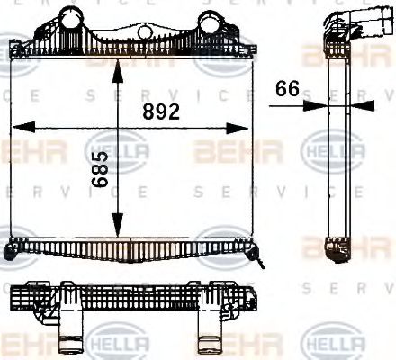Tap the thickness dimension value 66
[x=288, y=88]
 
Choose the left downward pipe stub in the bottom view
[x=70, y=340]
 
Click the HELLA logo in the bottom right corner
[x=334, y=343]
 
